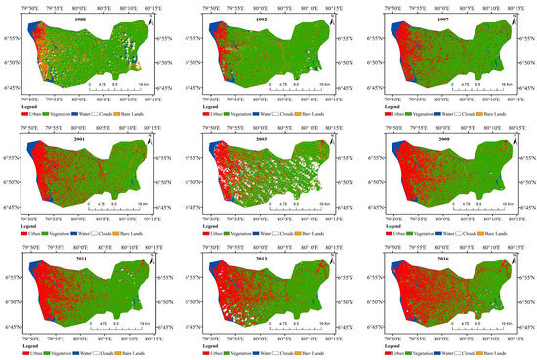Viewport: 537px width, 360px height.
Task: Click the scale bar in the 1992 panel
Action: tap(295, 89)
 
